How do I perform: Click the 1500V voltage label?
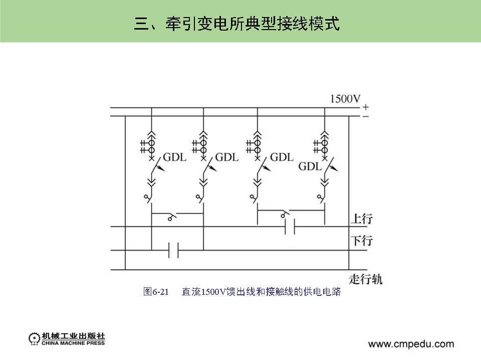[345, 99]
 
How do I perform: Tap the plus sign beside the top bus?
[366, 107]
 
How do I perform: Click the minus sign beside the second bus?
[366, 116]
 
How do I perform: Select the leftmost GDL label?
[175, 157]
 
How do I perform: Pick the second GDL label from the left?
[227, 157]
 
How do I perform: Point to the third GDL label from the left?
[281, 157]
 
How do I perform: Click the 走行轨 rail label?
[365, 279]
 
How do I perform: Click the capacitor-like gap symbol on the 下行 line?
[173, 250]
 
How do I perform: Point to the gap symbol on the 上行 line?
[290, 227]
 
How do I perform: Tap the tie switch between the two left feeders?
[172, 217]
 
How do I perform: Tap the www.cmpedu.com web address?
[411, 344]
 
